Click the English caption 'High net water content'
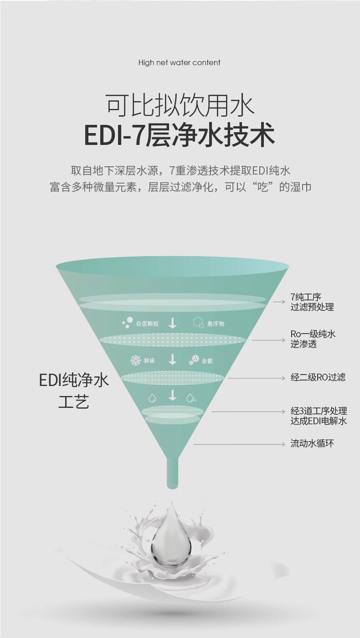pyautogui.click(x=179, y=63)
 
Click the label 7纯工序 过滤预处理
pyautogui.click(x=312, y=302)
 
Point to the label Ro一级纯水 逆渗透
pyautogui.click(x=313, y=339)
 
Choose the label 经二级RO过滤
pyautogui.click(x=318, y=377)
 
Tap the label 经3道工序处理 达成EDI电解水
pyautogui.click(x=319, y=416)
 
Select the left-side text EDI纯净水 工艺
pyautogui.click(x=74, y=391)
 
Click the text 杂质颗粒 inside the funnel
pyautogui.click(x=147, y=324)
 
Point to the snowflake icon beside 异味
pyautogui.click(x=136, y=361)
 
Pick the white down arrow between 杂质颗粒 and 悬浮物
pyautogui.click(x=172, y=323)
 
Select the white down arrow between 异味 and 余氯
pyautogui.click(x=172, y=360)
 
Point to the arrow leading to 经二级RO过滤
pyautogui.click(x=256, y=378)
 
